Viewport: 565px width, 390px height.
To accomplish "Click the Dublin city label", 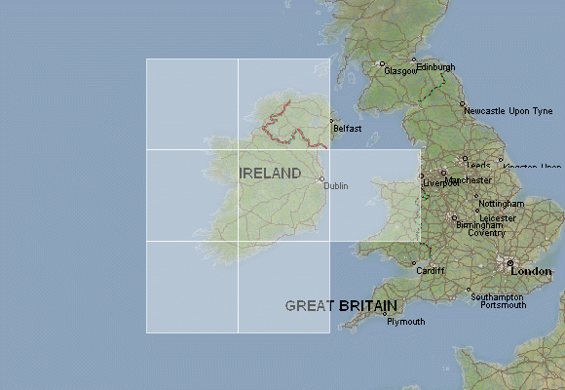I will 336,185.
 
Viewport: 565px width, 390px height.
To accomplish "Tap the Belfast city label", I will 347,129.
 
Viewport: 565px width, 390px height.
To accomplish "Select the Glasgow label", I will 400,71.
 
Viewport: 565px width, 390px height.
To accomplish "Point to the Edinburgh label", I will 435,66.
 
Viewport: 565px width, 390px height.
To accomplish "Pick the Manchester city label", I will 470,180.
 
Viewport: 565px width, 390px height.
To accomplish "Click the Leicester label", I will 498,217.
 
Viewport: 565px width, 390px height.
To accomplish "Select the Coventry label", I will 487,232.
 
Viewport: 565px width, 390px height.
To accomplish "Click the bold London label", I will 531,271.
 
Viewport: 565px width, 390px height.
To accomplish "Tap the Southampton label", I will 497,296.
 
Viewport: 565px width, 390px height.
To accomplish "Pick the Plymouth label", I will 406,322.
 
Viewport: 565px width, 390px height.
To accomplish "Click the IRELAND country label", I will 270,174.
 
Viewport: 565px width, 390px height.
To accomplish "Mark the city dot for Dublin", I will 322,178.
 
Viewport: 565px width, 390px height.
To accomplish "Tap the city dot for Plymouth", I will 385,315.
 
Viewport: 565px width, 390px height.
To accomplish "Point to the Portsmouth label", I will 503,305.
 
